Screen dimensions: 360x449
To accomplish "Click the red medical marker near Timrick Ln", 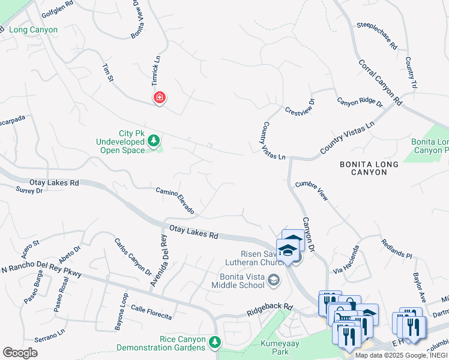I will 159,97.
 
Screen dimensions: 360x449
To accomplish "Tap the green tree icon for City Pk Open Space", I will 154,141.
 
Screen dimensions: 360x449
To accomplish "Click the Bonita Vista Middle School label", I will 237,280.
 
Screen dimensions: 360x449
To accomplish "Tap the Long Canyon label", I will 34,29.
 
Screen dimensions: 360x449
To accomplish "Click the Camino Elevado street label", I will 175,200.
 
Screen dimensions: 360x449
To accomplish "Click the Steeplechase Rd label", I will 376,35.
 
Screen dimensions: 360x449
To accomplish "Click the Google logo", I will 20,353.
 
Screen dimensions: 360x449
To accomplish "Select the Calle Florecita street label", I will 151,313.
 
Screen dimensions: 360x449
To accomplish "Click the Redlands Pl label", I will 396,248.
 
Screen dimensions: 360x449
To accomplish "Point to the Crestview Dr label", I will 300,106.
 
